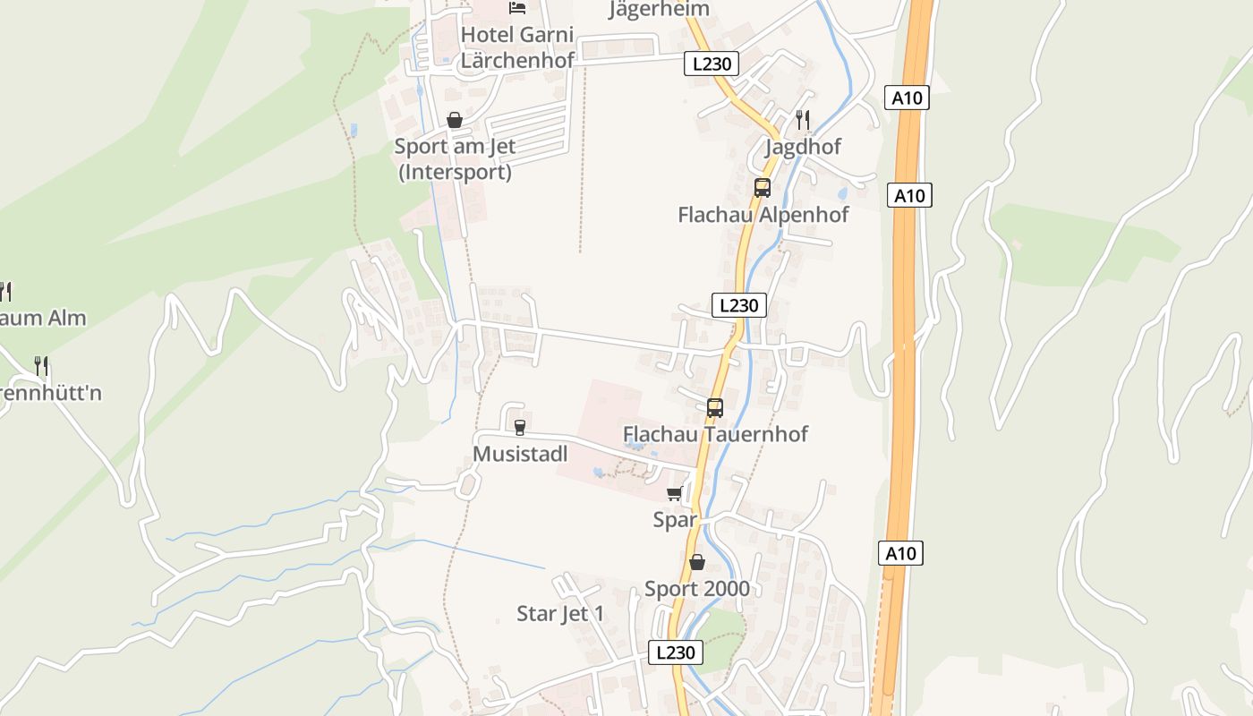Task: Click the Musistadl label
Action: point(520,454)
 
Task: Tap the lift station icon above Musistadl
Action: point(519,427)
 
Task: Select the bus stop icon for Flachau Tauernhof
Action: point(714,408)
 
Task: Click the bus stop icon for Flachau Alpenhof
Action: point(762,188)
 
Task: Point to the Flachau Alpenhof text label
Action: point(763,215)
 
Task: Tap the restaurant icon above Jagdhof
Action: point(803,119)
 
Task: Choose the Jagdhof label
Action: point(803,147)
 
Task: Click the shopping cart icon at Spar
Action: point(675,493)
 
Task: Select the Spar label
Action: point(675,519)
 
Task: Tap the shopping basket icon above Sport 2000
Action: point(697,562)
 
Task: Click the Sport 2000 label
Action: point(697,588)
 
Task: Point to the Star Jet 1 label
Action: point(560,614)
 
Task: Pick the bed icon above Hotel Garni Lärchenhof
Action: point(517,8)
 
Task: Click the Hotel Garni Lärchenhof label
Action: point(516,47)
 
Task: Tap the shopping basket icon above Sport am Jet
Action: point(455,120)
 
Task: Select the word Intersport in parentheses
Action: point(455,172)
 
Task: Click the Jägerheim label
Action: point(659,9)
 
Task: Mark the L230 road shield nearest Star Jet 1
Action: point(675,652)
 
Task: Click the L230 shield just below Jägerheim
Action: point(712,64)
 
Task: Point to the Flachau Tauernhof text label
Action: point(715,434)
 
